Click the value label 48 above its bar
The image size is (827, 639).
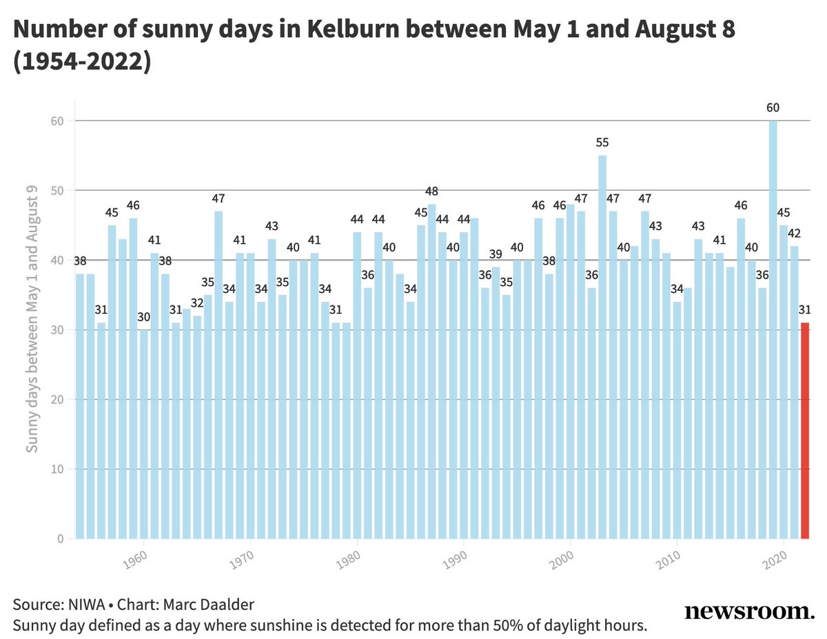click(431, 192)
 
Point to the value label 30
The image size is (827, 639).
click(143, 317)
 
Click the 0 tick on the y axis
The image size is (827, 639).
click(61, 539)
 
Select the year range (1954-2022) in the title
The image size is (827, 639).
click(82, 61)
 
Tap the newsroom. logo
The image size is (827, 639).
click(749, 611)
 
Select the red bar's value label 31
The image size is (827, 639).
click(804, 310)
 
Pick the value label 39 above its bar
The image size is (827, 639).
click(496, 254)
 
